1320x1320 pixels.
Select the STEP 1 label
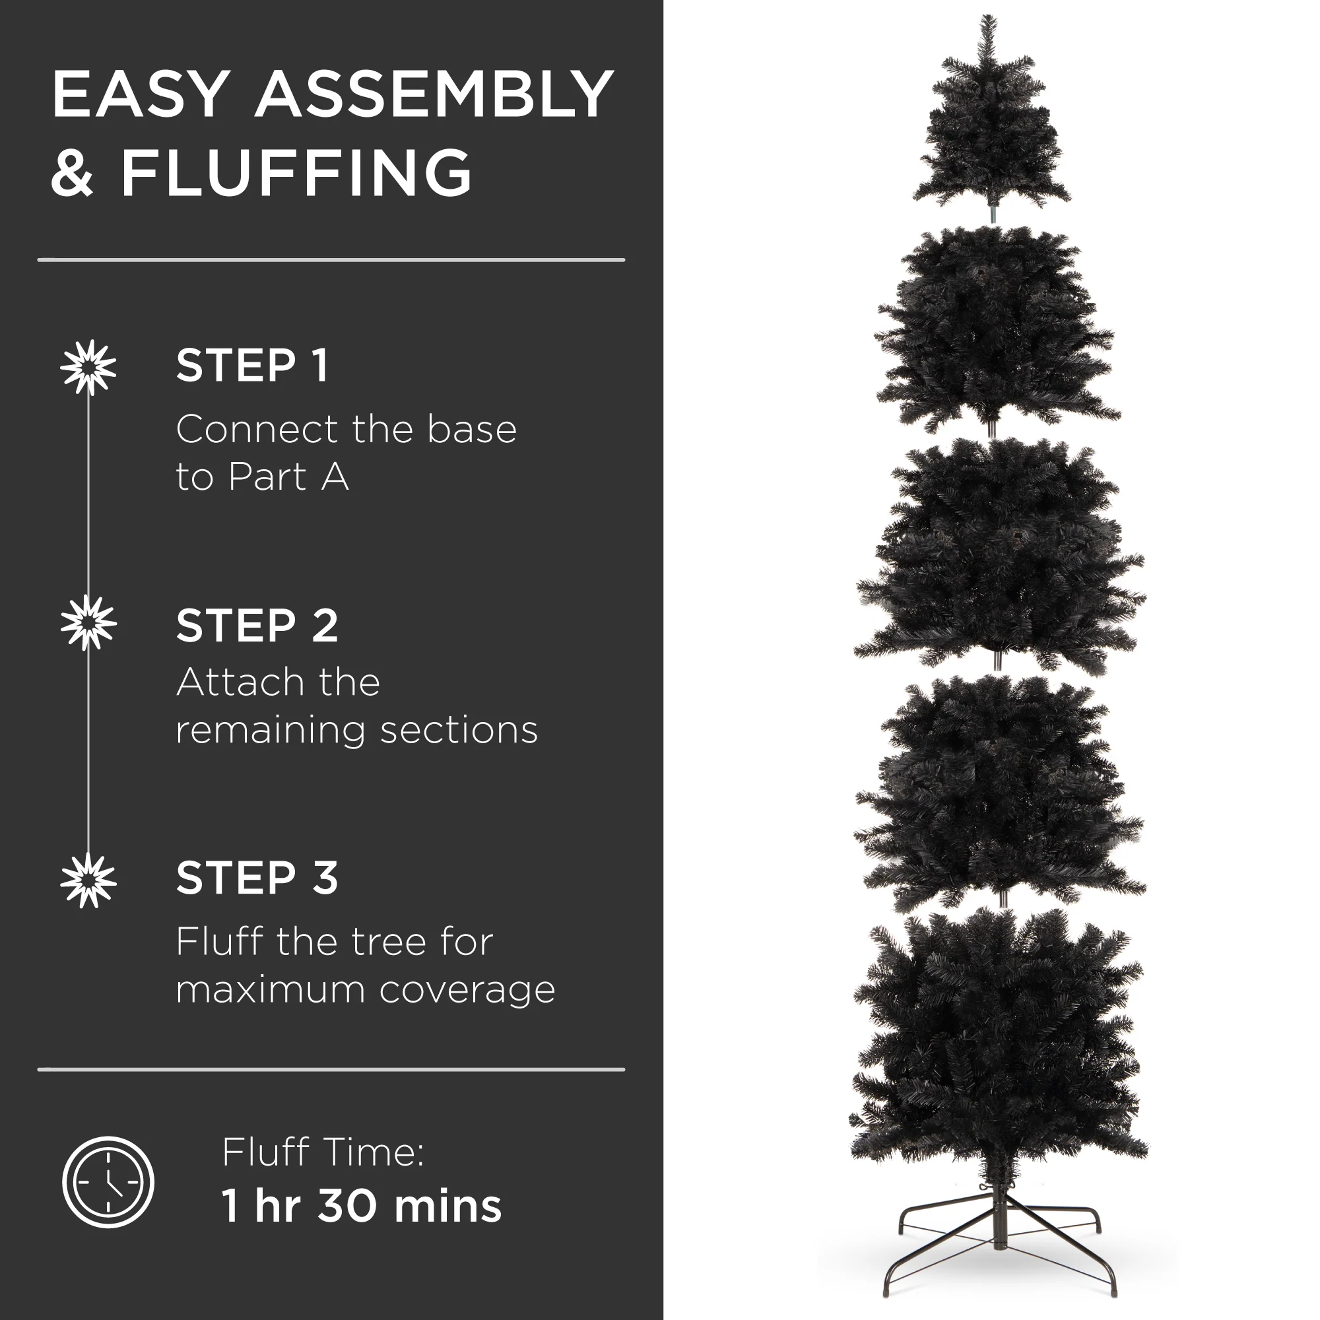253,366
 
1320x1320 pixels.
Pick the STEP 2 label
257,625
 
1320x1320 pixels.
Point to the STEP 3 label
257,878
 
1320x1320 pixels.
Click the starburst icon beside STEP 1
88,368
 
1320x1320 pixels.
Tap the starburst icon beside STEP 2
88,622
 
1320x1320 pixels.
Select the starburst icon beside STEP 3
88,880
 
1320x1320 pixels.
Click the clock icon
108,1182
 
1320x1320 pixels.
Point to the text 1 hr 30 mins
362,1206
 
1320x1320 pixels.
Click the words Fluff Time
323,1152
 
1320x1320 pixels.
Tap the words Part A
288,477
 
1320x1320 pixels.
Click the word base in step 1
471,429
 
